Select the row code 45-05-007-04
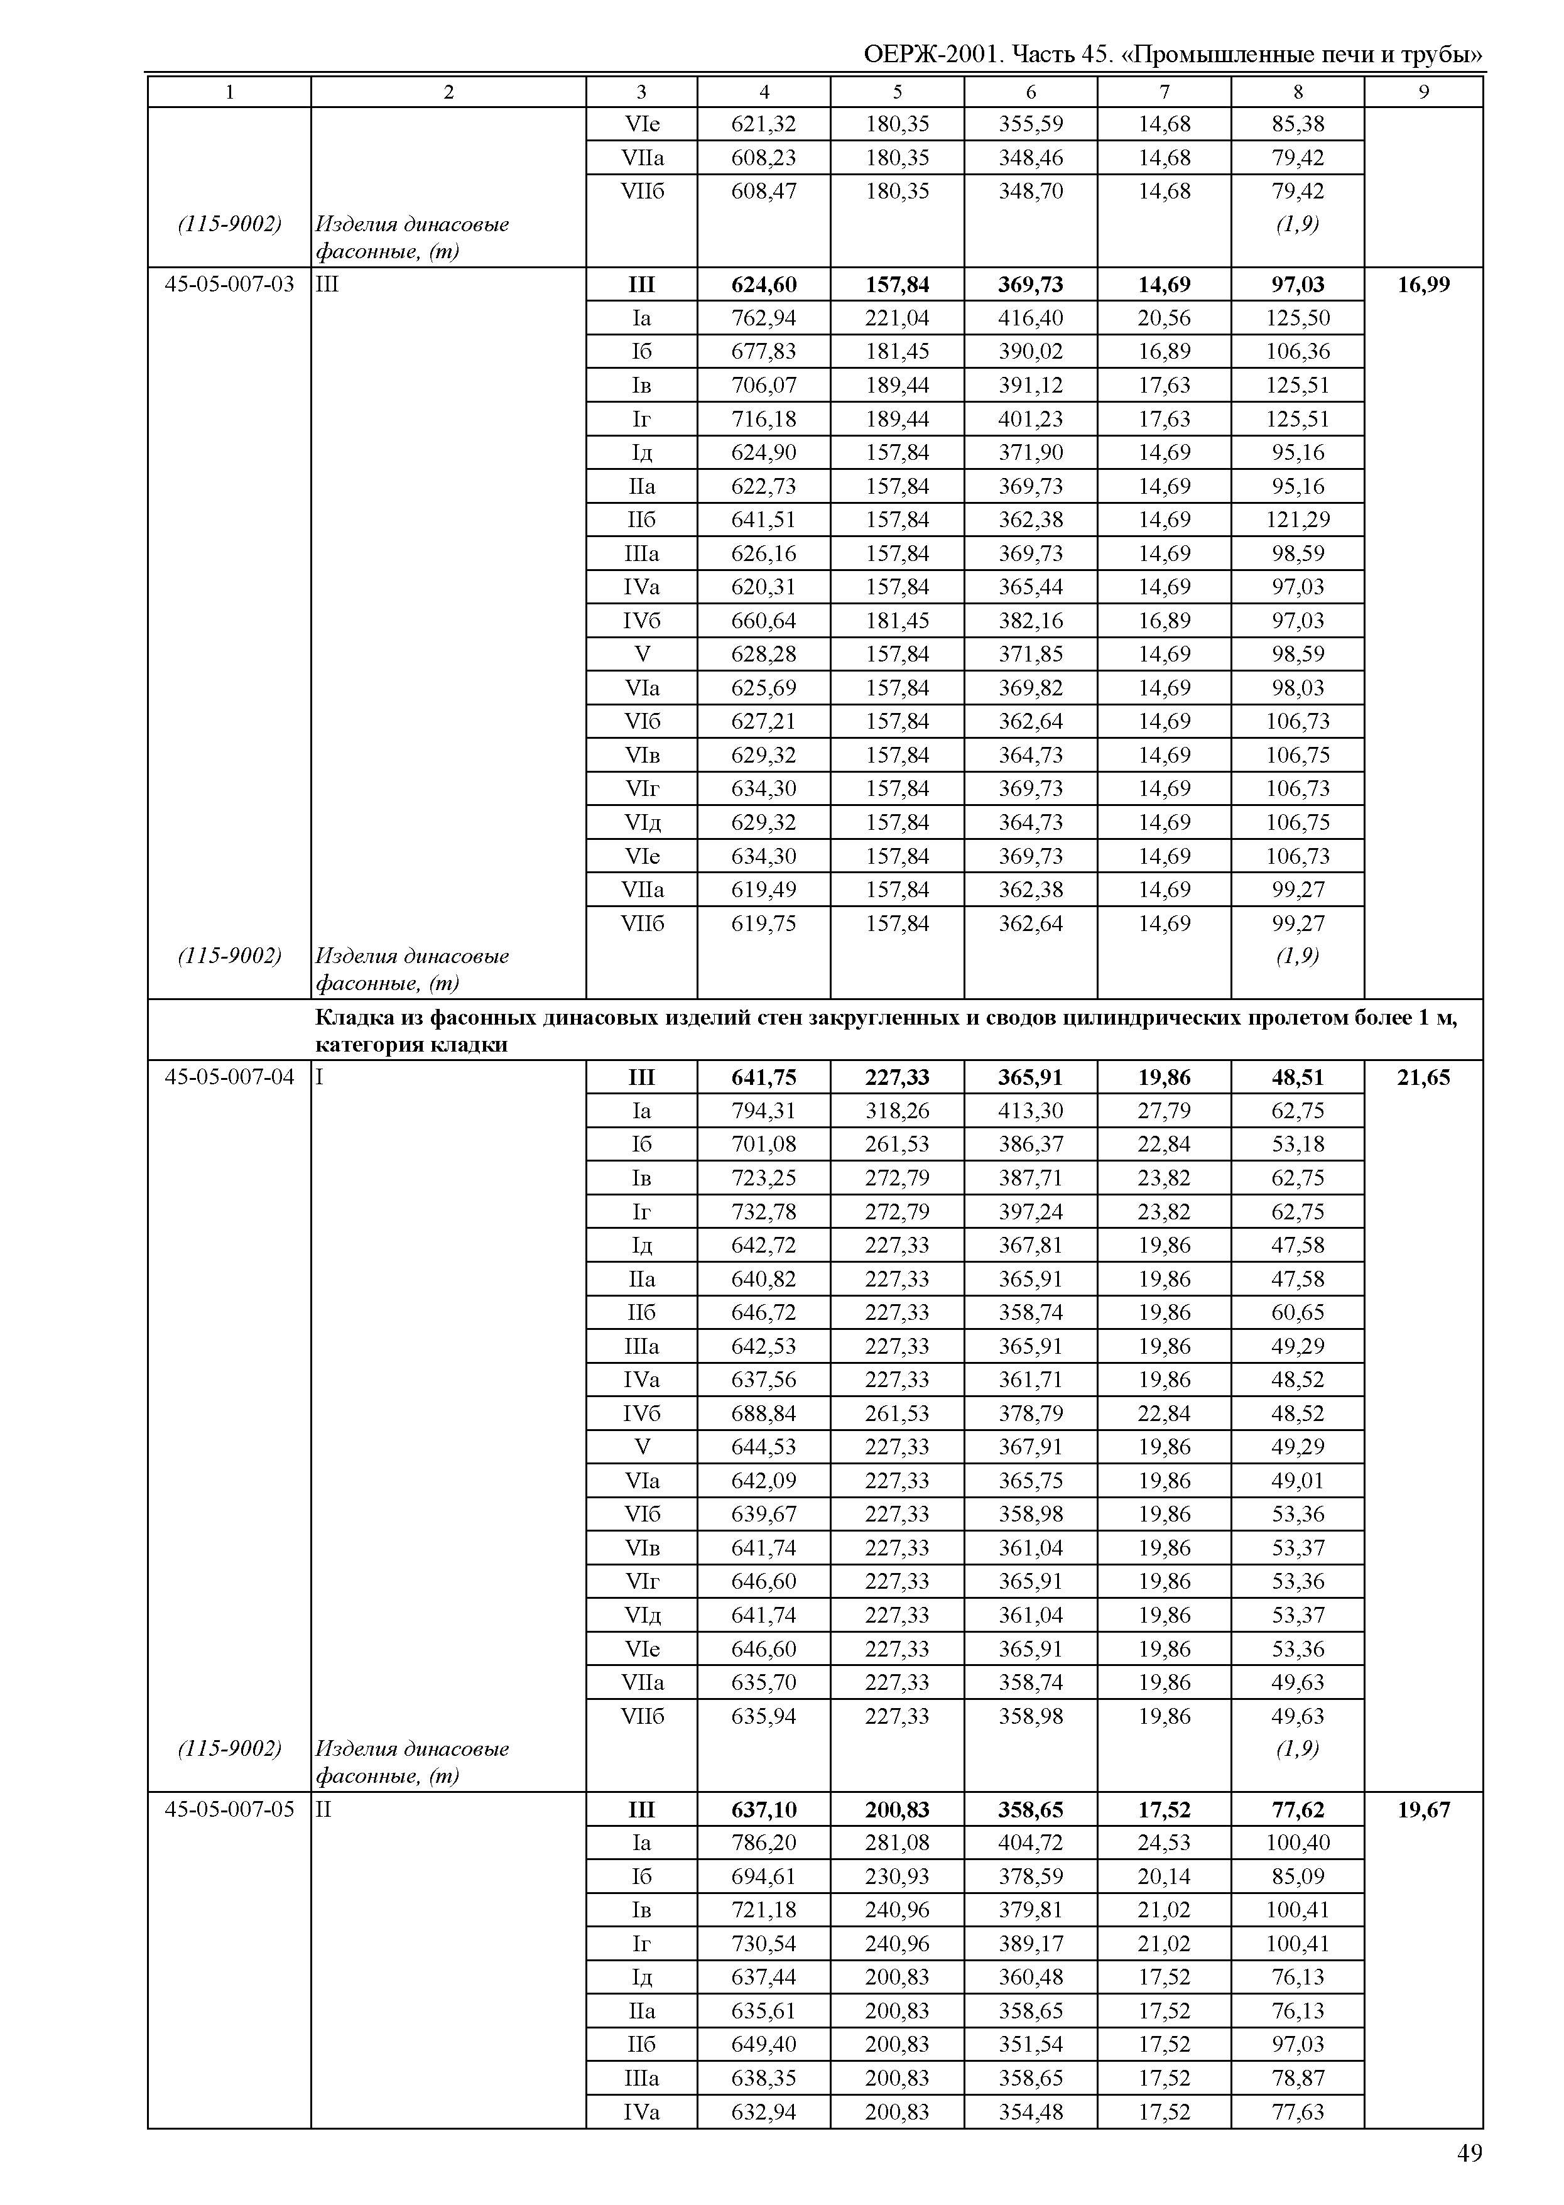pos(229,1077)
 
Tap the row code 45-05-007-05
pos(229,1809)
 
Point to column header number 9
pos(1423,92)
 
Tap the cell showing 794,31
pos(764,1111)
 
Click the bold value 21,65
pos(1423,1077)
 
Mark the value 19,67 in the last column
pos(1423,1809)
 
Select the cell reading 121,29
pos(1297,520)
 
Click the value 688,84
pos(764,1413)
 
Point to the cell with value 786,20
pos(764,1843)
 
